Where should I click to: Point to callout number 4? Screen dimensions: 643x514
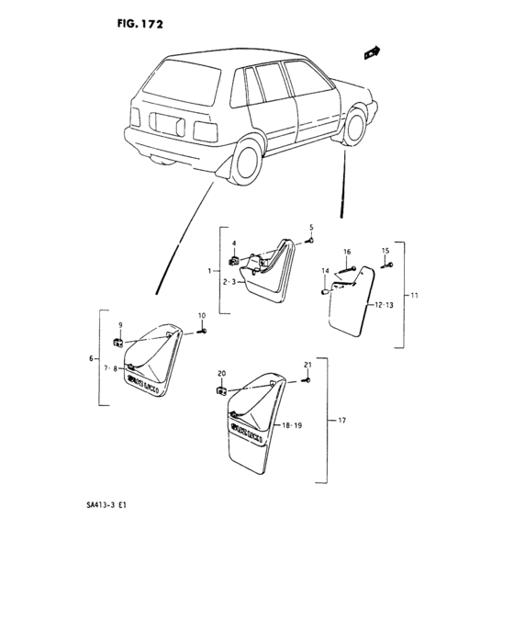[x=234, y=244]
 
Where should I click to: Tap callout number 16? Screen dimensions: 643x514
[x=347, y=252]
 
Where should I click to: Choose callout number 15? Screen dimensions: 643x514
[x=385, y=251]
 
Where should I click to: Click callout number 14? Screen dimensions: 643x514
[x=326, y=270]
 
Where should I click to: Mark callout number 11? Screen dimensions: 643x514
[x=414, y=296]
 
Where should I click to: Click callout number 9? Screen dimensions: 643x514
[x=119, y=326]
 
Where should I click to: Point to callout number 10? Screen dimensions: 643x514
[x=202, y=317]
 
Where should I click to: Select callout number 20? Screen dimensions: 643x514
[x=221, y=373]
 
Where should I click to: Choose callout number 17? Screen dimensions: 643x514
[x=341, y=422]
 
